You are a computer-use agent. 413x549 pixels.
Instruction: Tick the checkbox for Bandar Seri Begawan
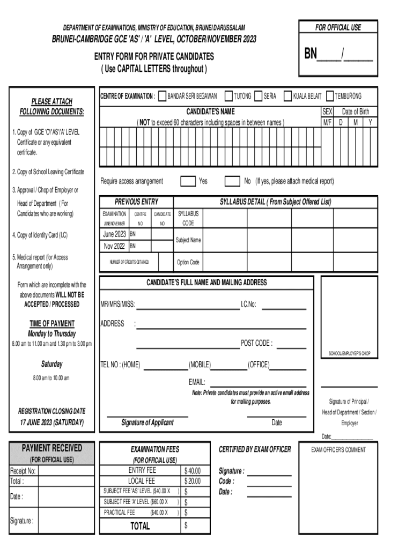[162, 96]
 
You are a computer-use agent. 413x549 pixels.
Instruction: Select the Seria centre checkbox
[259, 96]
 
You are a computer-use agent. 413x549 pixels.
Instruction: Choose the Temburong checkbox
[330, 96]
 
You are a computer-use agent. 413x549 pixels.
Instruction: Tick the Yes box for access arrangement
[188, 181]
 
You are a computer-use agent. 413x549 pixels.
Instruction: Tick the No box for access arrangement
[232, 181]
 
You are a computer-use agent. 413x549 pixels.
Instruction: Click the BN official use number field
[338, 55]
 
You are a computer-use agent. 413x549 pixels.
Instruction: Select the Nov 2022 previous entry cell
[114, 246]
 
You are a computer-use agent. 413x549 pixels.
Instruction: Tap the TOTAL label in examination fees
[141, 526]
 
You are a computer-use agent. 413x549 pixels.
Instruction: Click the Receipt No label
[23, 471]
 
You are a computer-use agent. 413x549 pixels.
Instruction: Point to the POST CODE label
[256, 343]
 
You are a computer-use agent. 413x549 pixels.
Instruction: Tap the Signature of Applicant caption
[147, 422]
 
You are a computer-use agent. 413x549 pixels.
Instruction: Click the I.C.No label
[248, 305]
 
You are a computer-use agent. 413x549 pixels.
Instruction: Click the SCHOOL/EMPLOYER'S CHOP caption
[349, 353]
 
